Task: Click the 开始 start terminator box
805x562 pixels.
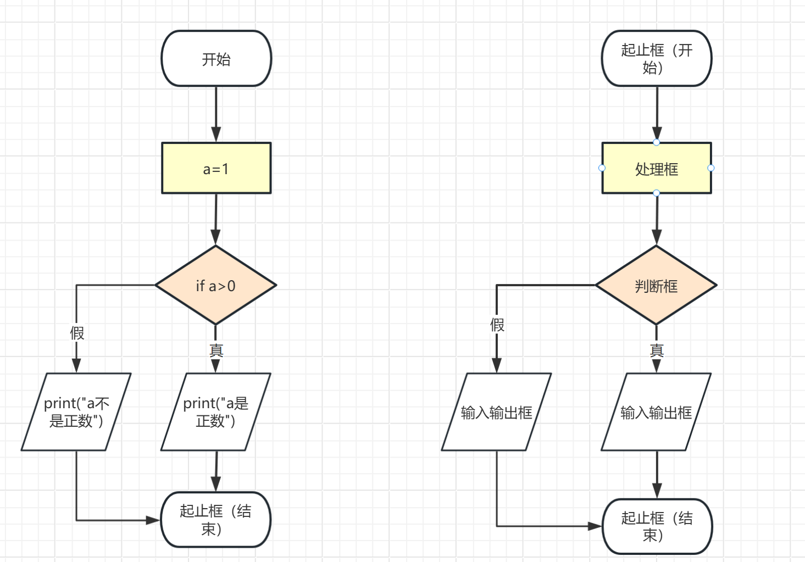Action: (216, 59)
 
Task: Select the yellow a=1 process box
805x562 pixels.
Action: (216, 168)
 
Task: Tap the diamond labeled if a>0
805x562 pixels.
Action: (216, 285)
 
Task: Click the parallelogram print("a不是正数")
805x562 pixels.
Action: (76, 412)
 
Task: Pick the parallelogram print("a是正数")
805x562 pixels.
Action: (216, 412)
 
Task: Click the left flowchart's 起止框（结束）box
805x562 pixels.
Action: (216, 520)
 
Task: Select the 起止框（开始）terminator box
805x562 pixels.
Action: (657, 59)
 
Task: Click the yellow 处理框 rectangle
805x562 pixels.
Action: (657, 168)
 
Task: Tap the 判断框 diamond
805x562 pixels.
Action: (656, 285)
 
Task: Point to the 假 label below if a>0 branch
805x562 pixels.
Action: (77, 333)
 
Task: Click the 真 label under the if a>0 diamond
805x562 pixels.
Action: (216, 350)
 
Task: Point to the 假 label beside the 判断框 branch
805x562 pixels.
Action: (497, 325)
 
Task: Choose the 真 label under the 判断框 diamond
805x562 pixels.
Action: (657, 350)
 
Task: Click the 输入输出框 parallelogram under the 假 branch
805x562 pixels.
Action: (497, 412)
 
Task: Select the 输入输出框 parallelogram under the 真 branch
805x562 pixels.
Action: (656, 412)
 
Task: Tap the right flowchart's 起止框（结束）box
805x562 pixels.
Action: (657, 526)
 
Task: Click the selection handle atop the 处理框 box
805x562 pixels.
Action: (657, 142)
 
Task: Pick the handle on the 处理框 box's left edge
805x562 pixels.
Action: (602, 168)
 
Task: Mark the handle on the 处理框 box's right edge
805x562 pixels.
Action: (711, 168)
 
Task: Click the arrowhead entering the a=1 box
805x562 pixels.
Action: (216, 135)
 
